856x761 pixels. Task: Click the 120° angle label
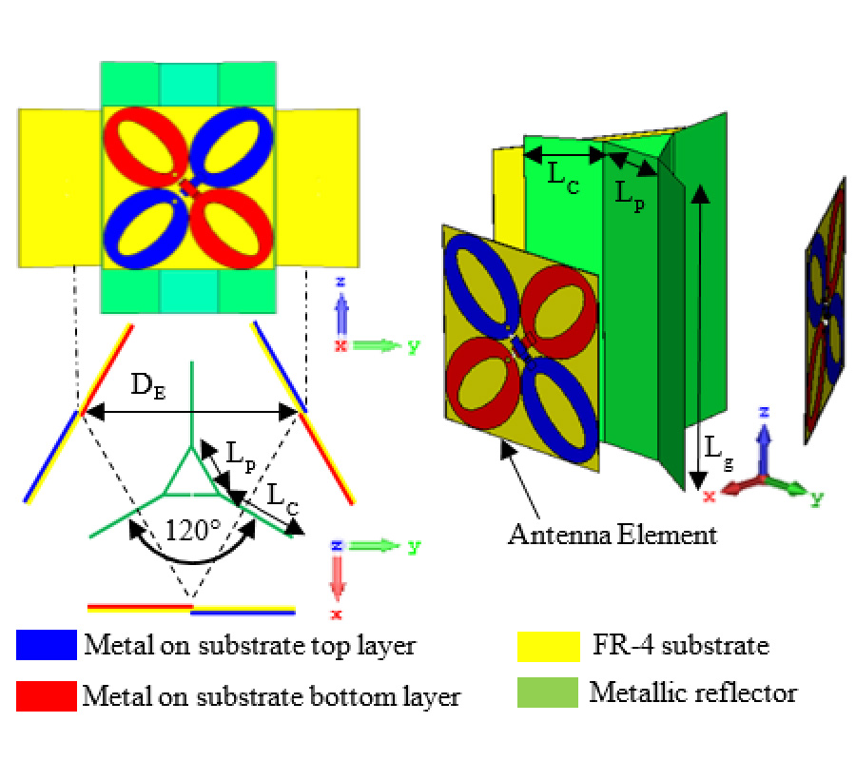tap(193, 530)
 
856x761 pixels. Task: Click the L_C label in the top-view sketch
tap(283, 495)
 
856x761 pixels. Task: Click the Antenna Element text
tap(612, 534)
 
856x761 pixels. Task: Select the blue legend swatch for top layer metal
tap(46, 646)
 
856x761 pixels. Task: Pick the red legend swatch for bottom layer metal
tap(46, 696)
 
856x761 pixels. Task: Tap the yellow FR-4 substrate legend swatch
tap(548, 646)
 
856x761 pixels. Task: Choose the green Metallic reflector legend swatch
tap(548, 693)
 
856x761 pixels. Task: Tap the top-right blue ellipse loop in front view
tap(228, 143)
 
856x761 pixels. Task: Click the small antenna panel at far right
tap(827, 309)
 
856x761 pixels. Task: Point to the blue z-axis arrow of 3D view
tap(762, 438)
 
